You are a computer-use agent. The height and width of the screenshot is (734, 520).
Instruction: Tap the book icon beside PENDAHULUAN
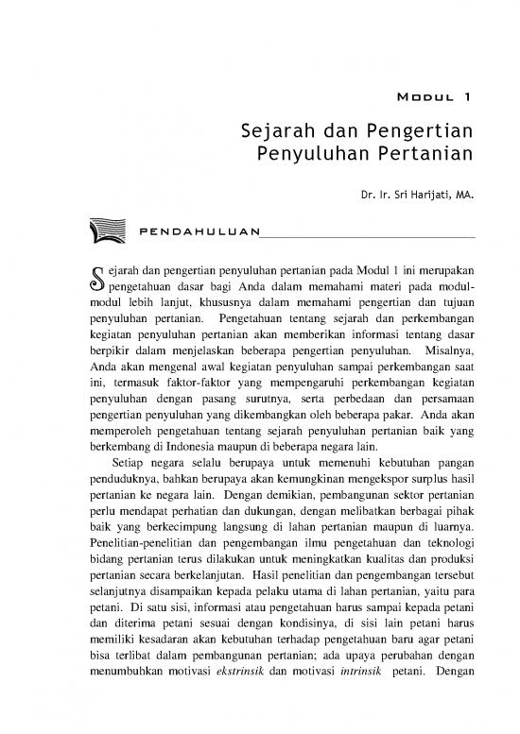pos(106,229)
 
